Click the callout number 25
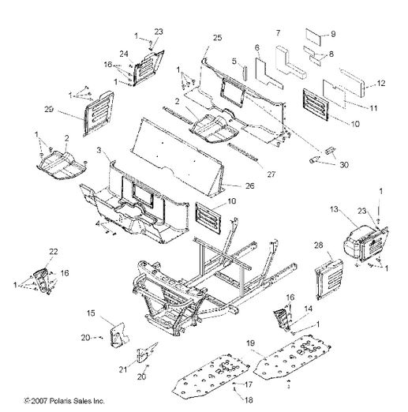217,38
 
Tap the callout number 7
278,33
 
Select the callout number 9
333,34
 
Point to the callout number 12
380,83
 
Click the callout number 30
344,165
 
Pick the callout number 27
271,174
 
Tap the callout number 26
249,186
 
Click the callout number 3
99,151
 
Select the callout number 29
49,109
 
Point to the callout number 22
53,252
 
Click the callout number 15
91,313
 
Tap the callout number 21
123,369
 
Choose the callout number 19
250,343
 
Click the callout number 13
334,209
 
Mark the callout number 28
318,245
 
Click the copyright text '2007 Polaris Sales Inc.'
68,401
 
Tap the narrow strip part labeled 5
245,73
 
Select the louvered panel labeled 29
99,114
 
